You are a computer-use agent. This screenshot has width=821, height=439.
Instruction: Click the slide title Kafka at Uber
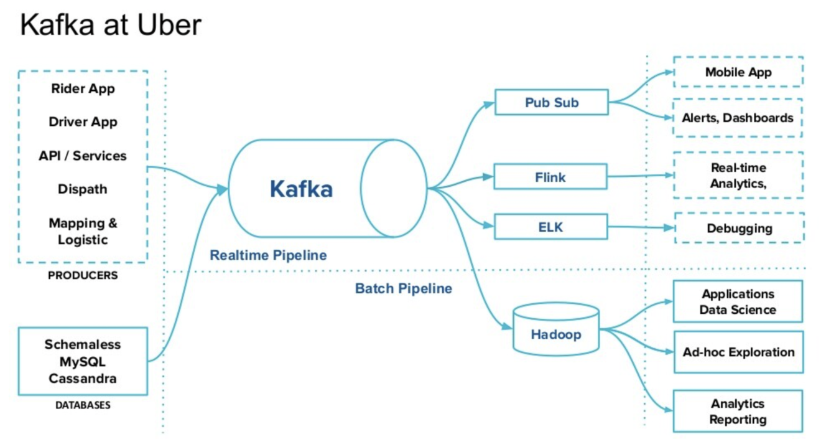[111, 26]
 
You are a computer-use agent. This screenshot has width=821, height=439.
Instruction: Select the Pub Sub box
[551, 102]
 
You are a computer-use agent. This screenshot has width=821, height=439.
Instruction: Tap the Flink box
[550, 177]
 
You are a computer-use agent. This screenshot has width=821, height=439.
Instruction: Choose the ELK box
[550, 227]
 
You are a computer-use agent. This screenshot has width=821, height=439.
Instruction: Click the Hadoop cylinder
[555, 334]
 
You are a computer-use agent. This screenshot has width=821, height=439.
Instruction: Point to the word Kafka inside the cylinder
[301, 189]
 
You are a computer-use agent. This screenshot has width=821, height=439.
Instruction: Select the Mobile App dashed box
[738, 72]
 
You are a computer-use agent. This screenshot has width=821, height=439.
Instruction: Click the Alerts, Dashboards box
[738, 118]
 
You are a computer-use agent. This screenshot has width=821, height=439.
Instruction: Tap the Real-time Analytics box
[738, 176]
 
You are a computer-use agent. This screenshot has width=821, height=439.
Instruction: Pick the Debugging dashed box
[739, 229]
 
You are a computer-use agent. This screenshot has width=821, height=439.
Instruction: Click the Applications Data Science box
[738, 301]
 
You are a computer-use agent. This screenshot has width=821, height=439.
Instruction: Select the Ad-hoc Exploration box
[738, 352]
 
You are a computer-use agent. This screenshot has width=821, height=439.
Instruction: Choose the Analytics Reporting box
[738, 411]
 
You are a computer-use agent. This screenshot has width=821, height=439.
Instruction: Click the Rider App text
[83, 88]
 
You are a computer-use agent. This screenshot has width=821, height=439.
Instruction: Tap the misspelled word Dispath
[83, 189]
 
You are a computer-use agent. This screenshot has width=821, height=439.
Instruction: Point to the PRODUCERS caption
[83, 275]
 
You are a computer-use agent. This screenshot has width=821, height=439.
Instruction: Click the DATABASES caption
[83, 405]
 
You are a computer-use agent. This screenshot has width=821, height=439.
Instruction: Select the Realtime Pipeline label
[268, 255]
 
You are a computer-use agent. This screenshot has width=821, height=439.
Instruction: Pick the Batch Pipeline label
[403, 289]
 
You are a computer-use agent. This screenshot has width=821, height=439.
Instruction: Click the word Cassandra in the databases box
[83, 378]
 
